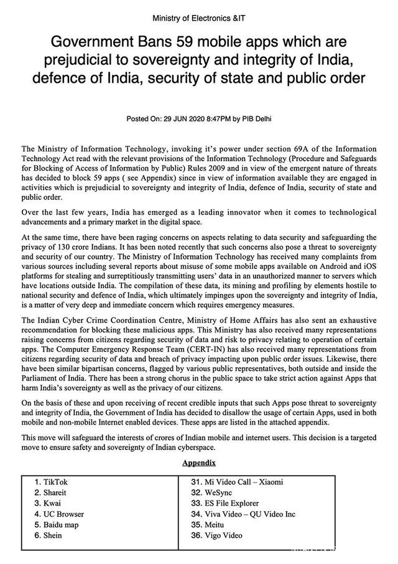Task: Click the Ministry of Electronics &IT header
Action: (198, 18)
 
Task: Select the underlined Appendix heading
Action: (198, 463)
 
